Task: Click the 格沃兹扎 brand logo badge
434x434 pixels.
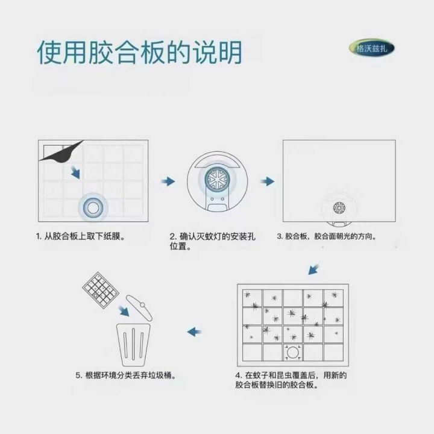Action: [x=371, y=48]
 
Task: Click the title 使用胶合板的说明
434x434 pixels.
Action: [x=139, y=52]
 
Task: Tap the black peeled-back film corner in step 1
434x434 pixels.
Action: [x=61, y=151]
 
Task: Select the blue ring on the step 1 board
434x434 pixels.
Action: [x=93, y=207]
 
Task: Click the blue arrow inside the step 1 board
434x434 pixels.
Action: [x=75, y=172]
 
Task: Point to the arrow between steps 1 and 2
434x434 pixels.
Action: [x=168, y=181]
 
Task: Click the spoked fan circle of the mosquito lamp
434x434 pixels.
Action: [x=218, y=179]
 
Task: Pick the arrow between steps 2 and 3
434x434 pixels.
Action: [x=268, y=181]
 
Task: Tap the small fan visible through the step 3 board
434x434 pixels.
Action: [x=339, y=208]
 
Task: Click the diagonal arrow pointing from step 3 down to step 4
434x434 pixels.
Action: [x=313, y=269]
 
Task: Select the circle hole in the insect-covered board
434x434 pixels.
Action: [x=293, y=353]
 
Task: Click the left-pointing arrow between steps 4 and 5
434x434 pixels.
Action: [x=194, y=332]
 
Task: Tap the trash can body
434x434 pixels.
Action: [x=133, y=345]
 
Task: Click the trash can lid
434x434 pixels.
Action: [x=139, y=307]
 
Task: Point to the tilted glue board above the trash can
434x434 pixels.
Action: [x=101, y=290]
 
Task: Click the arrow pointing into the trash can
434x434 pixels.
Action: [x=124, y=311]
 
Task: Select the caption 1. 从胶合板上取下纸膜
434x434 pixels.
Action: [x=80, y=236]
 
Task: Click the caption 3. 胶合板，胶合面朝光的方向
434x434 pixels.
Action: [x=327, y=236]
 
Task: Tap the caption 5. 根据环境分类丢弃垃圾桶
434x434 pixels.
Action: [x=126, y=376]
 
